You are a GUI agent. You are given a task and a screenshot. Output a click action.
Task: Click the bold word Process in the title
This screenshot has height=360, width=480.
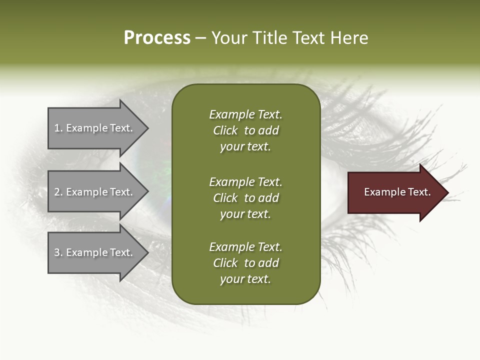tap(157, 38)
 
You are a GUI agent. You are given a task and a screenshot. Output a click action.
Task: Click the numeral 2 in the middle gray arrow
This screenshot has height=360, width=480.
tap(57, 192)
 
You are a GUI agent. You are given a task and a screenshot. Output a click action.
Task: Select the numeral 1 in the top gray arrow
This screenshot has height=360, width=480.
tap(57, 128)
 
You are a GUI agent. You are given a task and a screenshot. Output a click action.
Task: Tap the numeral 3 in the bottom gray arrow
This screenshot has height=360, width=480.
tap(57, 252)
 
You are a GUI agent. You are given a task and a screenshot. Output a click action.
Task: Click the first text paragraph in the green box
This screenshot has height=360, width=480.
tap(245, 130)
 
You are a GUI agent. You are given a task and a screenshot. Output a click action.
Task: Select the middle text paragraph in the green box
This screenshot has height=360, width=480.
tap(245, 198)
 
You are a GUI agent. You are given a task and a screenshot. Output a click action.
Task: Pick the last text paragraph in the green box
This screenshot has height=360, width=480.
tap(245, 263)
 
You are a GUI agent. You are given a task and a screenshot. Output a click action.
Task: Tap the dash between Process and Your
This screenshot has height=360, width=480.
tap(200, 38)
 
